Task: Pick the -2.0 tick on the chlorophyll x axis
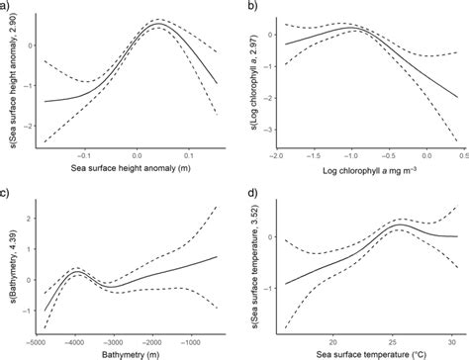tap(281, 155)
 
